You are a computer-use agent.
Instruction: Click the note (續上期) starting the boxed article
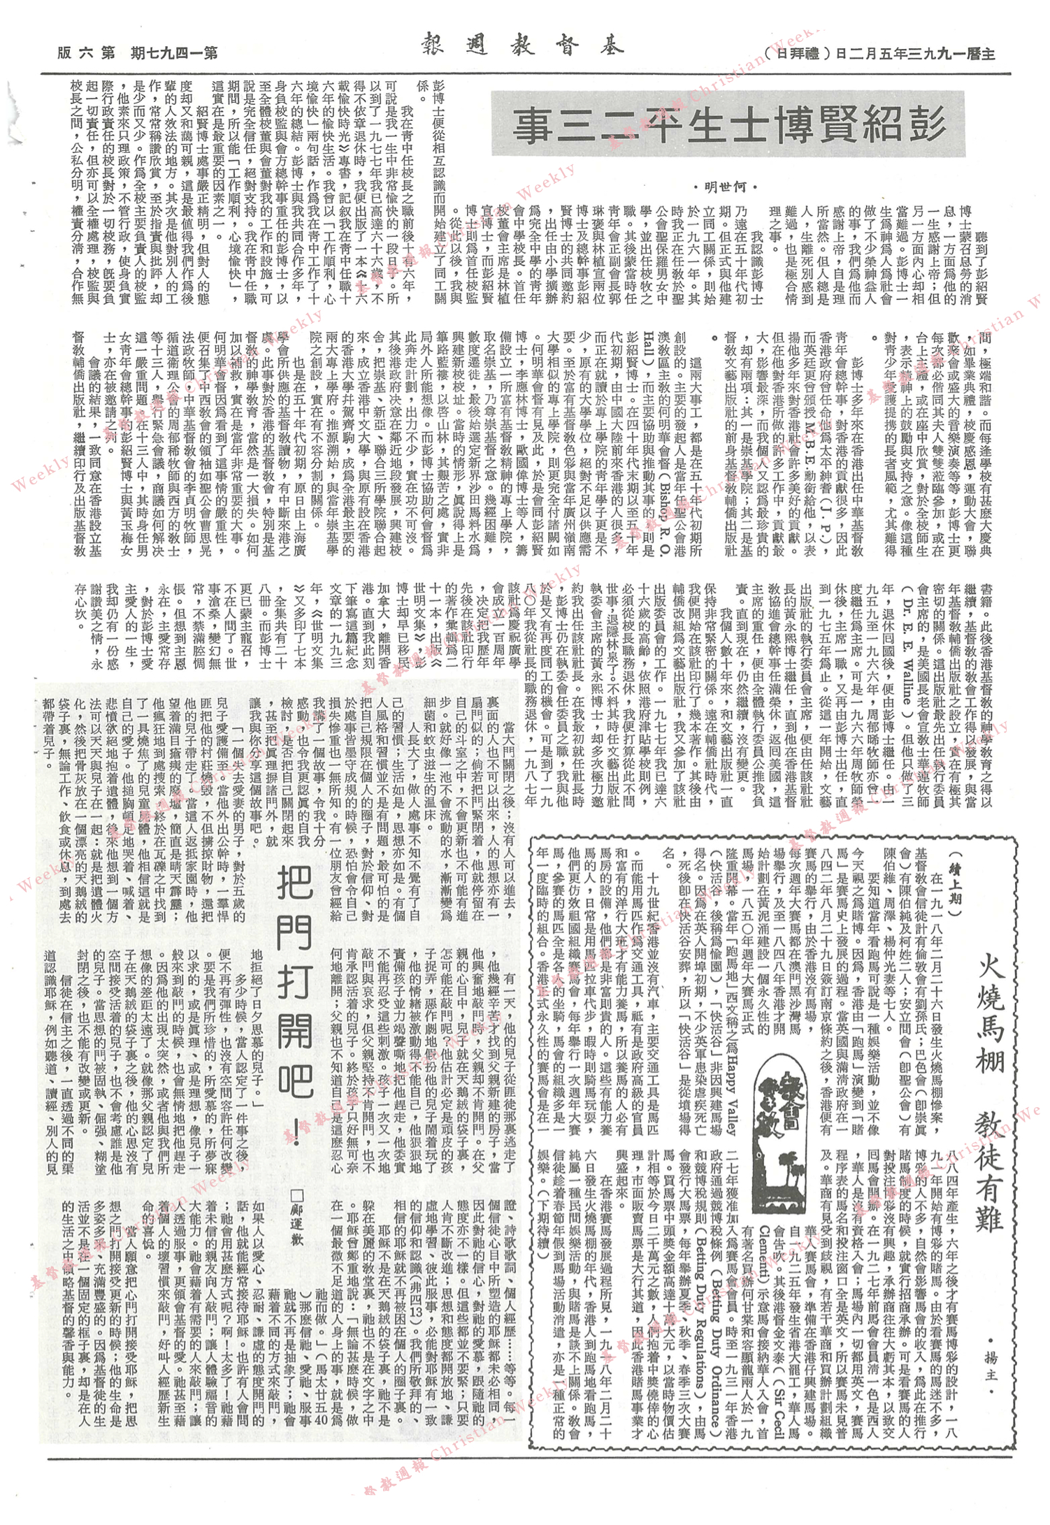(945, 874)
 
